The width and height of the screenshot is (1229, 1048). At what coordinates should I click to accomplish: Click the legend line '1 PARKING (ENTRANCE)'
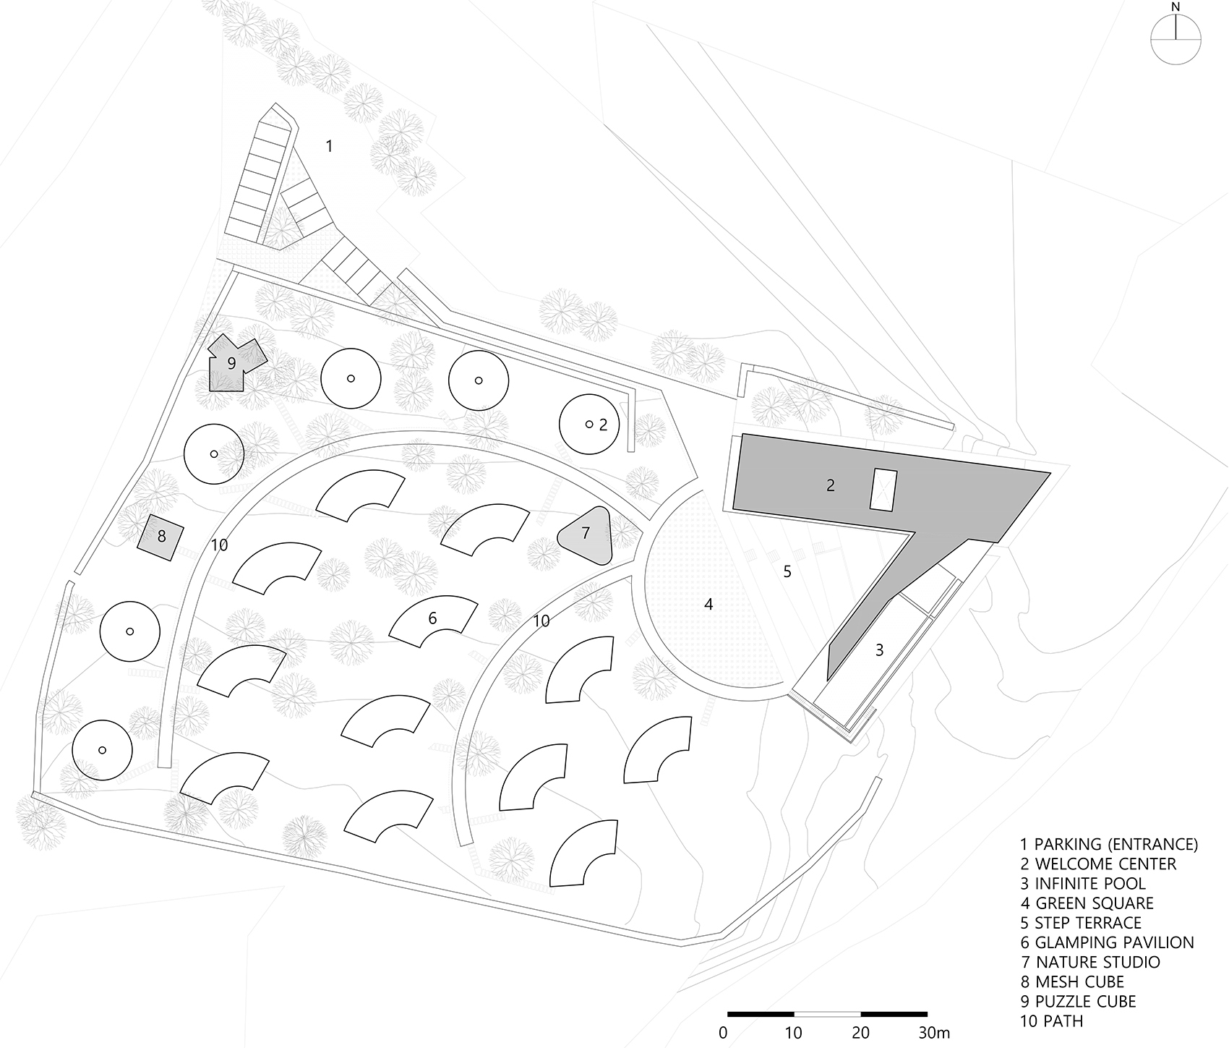point(1108,844)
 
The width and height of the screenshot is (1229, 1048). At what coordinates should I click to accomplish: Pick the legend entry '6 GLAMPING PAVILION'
point(1106,942)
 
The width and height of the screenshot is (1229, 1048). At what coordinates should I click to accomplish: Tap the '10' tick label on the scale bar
point(793,1031)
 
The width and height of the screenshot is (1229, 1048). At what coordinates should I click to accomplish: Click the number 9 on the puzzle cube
point(231,363)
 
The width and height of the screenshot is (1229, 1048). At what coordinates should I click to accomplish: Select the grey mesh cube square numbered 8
point(161,536)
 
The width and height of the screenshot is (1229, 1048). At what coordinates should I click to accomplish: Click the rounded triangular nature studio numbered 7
point(586,535)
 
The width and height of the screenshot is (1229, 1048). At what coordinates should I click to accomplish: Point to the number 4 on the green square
point(708,604)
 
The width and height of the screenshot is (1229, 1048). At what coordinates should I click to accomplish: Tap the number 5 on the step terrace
point(787,571)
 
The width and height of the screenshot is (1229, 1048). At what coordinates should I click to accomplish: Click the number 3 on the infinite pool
point(879,650)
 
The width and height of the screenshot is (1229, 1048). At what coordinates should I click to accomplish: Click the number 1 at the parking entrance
point(329,146)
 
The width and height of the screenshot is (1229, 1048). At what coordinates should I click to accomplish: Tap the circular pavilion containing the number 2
point(589,424)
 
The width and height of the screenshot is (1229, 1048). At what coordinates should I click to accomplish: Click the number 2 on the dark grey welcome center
point(831,485)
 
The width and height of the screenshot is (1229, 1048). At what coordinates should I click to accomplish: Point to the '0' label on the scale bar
point(724,1031)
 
